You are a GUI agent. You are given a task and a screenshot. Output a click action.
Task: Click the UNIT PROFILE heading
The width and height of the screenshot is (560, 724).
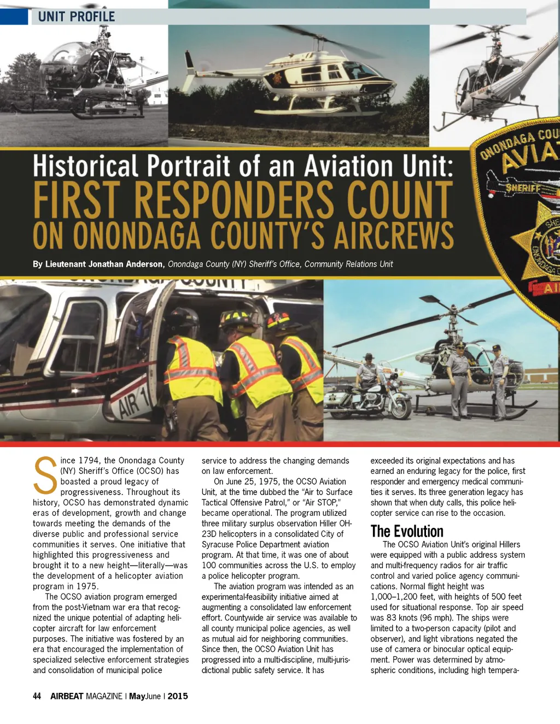[x=77, y=16]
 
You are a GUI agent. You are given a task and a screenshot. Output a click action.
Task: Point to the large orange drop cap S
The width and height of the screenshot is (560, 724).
[x=45, y=475]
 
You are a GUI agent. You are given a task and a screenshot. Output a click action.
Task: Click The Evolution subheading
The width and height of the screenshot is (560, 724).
[x=407, y=531]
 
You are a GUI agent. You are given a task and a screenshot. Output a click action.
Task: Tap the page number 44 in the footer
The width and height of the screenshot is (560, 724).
[x=37, y=696]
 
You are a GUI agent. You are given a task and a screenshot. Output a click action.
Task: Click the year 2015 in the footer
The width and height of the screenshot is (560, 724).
[x=178, y=696]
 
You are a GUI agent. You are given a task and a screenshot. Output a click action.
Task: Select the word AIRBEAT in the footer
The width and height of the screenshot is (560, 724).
[x=67, y=696]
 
